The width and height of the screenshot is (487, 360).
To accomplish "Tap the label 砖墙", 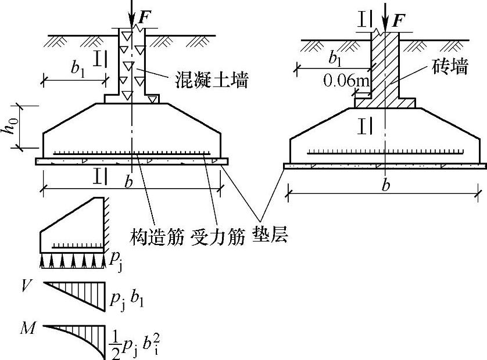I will pyautogui.click(x=450, y=67).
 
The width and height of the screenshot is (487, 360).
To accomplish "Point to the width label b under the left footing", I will pyautogui.click(x=129, y=182).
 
